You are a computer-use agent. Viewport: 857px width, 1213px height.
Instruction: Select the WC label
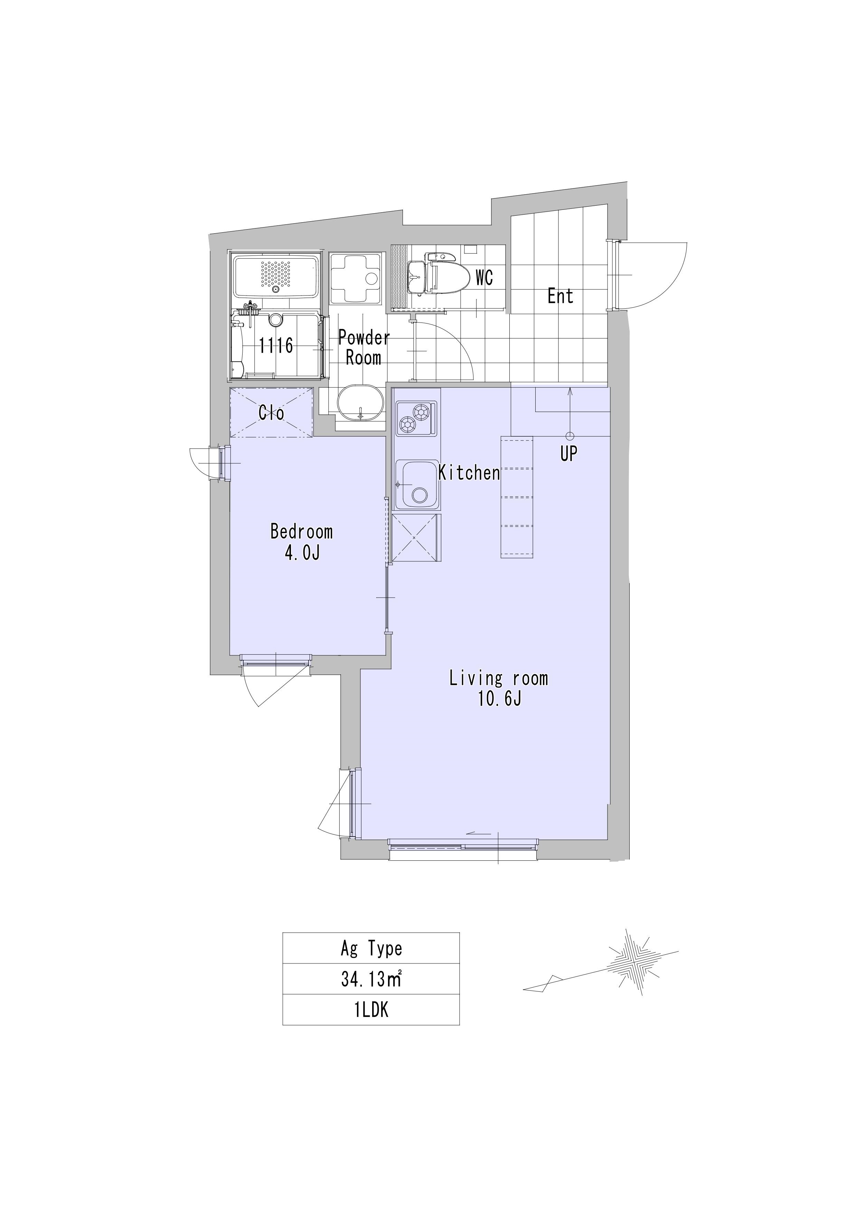484,277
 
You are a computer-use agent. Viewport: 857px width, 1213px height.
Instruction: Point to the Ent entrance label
560,296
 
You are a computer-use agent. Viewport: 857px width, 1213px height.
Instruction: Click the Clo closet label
271,412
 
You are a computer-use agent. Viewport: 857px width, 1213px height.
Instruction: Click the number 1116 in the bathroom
276,346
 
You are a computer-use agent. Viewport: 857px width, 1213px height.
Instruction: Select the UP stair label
569,453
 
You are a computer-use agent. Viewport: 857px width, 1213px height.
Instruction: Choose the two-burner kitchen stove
417,418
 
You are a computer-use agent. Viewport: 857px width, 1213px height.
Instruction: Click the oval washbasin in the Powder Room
360,403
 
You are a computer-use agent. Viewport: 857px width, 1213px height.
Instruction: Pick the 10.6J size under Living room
500,699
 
